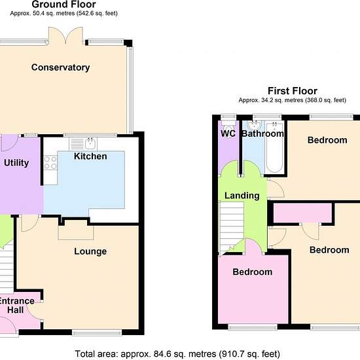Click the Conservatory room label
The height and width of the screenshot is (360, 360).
pyautogui.click(x=60, y=67)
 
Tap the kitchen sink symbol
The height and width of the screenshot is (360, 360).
pyautogui.click(x=83, y=144)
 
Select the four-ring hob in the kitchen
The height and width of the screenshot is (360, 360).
pyautogui.click(x=50, y=162)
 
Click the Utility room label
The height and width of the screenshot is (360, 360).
pyautogui.click(x=16, y=163)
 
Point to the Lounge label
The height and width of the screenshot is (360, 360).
pyautogui.click(x=90, y=251)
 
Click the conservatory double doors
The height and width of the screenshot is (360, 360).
pyautogui.click(x=65, y=35)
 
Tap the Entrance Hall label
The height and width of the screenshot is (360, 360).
pyautogui.click(x=16, y=306)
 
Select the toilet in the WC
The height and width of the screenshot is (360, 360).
pyautogui.click(x=228, y=126)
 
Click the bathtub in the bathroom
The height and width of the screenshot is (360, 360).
pyautogui.click(x=275, y=147)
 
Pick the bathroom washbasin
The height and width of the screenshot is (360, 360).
pyautogui.click(x=255, y=126)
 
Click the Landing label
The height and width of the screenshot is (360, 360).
pyautogui.click(x=242, y=196)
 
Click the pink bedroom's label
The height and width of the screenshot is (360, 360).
pyautogui.click(x=252, y=272)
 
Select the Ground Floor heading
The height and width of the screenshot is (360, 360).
pyautogui.click(x=64, y=5)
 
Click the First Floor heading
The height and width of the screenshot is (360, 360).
pyautogui.click(x=293, y=91)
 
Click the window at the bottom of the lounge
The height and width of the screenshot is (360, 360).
pyautogui.click(x=97, y=333)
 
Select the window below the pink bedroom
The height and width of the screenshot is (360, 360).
pyautogui.click(x=253, y=327)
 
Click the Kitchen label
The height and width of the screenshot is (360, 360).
pyautogui.click(x=90, y=156)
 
